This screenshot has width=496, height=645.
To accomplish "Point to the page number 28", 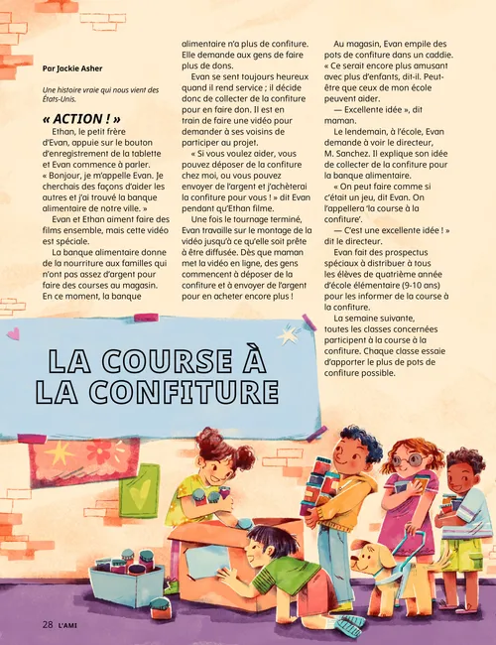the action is click(x=47, y=624).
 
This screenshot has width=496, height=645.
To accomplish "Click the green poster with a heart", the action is click(x=139, y=490).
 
